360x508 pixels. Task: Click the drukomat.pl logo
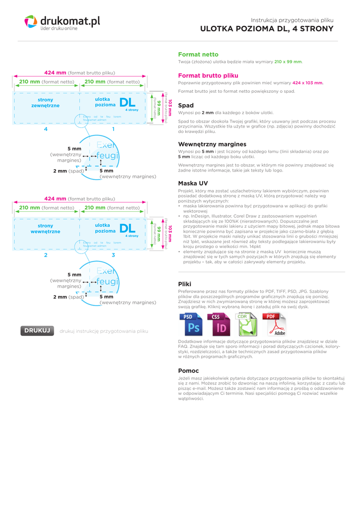click(62, 22)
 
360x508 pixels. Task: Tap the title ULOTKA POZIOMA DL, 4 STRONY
click(267, 29)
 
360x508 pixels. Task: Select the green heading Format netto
click(198, 54)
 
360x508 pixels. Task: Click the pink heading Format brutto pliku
click(208, 75)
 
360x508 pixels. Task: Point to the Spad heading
click(186, 105)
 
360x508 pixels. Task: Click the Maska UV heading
click(193, 183)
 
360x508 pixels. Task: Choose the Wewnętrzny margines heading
click(212, 144)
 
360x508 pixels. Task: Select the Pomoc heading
click(188, 371)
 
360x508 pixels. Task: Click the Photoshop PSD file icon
click(191, 324)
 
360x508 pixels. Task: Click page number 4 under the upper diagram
click(46, 129)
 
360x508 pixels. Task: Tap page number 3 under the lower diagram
click(113, 255)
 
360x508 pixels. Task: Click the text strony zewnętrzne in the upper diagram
click(45, 103)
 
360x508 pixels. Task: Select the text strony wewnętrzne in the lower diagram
click(45, 229)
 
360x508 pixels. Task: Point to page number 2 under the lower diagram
click(46, 255)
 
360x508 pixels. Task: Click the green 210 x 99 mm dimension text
click(288, 62)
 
